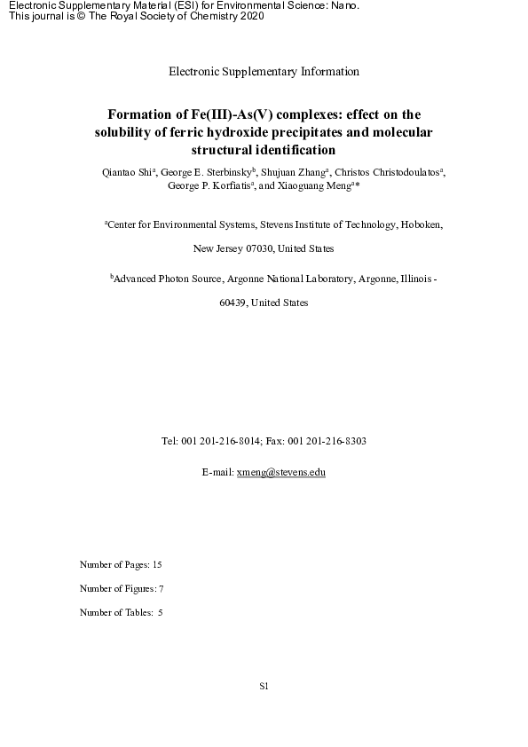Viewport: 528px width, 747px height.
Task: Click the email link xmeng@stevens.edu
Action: tap(281, 473)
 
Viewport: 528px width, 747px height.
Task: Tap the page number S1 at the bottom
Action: tap(264, 686)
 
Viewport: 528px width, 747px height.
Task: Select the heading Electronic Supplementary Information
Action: tap(264, 71)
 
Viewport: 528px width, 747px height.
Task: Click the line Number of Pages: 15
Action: tap(121, 564)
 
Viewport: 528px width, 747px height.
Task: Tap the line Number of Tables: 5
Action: tap(122, 612)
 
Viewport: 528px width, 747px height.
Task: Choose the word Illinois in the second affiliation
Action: tap(409, 279)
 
